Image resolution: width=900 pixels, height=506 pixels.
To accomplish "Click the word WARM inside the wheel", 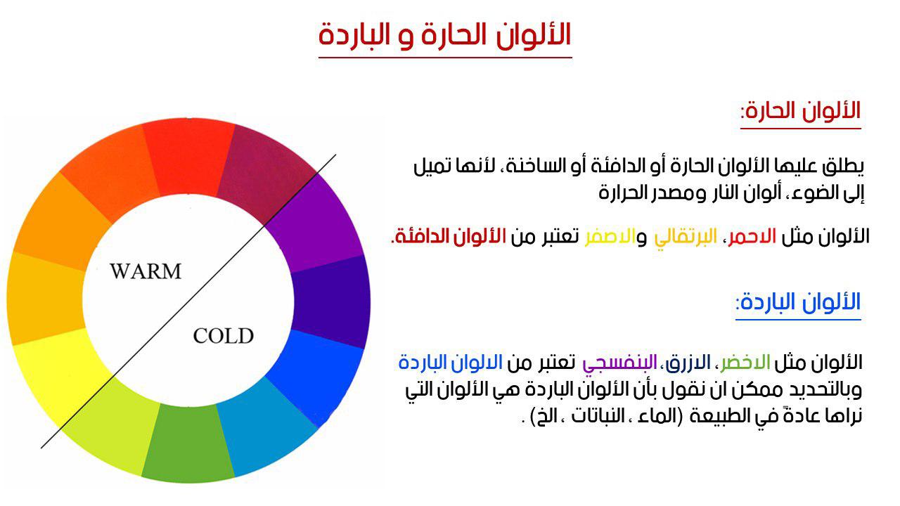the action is (x=146, y=271).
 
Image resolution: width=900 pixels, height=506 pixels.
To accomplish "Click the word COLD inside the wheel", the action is (x=224, y=336).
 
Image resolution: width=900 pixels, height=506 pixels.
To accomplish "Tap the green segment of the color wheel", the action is (x=188, y=442).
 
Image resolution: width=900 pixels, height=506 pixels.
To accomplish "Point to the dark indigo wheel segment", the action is (x=330, y=302).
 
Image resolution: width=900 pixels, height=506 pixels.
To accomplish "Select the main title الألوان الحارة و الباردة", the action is (x=445, y=35).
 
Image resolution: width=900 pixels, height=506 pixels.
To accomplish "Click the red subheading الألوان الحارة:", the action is (x=801, y=110).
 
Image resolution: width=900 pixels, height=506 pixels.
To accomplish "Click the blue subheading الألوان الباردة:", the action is (x=798, y=301).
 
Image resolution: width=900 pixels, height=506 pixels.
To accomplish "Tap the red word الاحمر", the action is (x=752, y=237).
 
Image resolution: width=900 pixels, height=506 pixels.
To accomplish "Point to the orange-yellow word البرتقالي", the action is (x=686, y=238).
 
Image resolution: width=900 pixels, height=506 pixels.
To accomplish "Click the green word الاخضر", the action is (x=745, y=362).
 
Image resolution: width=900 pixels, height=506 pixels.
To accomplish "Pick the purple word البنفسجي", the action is (x=619, y=363).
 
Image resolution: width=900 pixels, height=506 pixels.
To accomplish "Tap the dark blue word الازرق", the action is (x=688, y=362).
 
